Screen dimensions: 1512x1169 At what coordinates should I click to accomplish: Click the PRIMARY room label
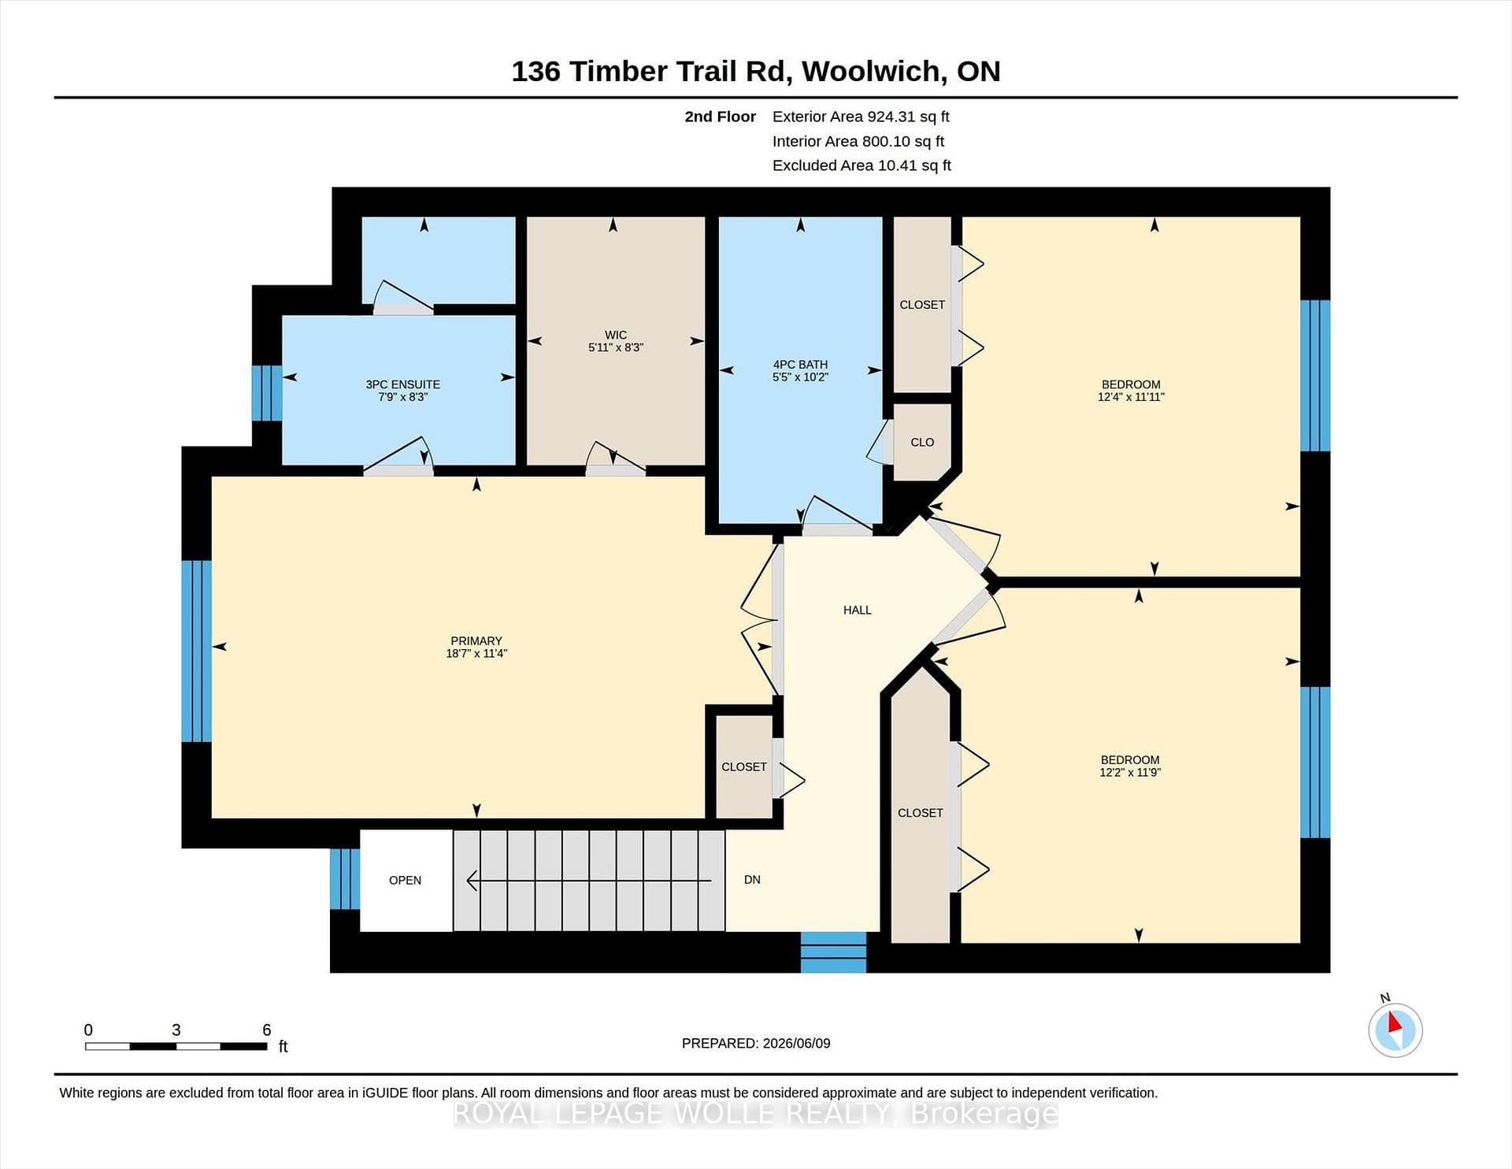click(476, 640)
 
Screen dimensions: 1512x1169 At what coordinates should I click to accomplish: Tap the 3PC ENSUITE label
click(402, 384)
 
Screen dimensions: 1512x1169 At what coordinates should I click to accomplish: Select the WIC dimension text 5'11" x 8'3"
click(616, 347)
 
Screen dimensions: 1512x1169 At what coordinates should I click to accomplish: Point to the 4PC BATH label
click(800, 365)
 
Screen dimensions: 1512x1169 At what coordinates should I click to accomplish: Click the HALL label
click(857, 610)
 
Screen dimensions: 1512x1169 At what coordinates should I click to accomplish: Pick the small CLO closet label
click(922, 443)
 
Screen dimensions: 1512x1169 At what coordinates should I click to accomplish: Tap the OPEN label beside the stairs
click(405, 880)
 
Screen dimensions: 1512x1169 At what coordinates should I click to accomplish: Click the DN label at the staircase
click(752, 879)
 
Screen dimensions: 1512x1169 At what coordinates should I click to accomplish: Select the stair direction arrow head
click(472, 880)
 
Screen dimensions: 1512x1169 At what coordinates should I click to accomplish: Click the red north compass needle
click(1394, 1022)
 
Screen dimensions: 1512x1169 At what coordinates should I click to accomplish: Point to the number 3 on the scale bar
click(176, 1030)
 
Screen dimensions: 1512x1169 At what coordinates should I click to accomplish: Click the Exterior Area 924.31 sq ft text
click(861, 117)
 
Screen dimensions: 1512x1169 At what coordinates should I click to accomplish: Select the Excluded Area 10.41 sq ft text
click(862, 165)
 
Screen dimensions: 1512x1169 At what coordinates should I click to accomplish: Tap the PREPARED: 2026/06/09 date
click(756, 1043)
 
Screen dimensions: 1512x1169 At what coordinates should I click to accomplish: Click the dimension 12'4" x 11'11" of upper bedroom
click(1131, 397)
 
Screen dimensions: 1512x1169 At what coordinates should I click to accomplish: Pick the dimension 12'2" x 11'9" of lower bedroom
click(1130, 773)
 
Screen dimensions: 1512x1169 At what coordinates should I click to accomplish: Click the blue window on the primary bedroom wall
click(196, 651)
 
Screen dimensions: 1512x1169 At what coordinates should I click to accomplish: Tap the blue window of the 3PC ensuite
click(267, 392)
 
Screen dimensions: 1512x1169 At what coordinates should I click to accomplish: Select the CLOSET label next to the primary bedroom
click(743, 766)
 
